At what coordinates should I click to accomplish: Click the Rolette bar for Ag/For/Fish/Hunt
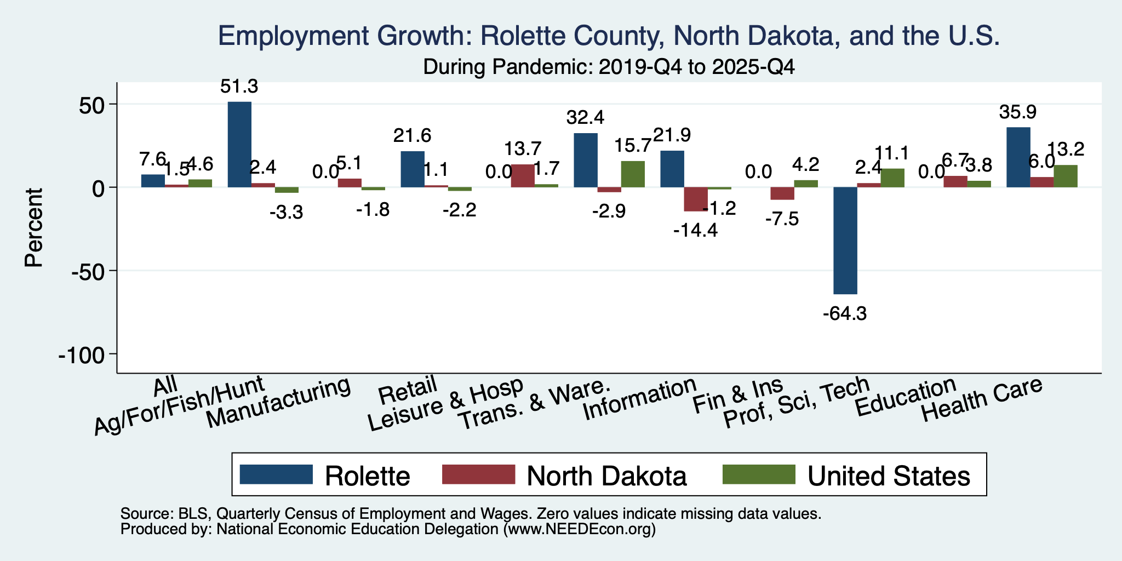click(239, 145)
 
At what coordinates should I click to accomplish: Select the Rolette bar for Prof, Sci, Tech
click(845, 241)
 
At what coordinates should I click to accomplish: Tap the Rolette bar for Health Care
click(1018, 157)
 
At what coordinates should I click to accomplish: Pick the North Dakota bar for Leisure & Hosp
click(523, 176)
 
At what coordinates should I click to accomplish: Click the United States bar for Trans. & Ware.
click(633, 174)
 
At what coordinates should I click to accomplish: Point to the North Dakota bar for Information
click(696, 199)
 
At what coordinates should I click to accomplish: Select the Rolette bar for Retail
click(413, 169)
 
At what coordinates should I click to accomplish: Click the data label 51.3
click(239, 86)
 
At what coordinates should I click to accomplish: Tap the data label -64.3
click(845, 314)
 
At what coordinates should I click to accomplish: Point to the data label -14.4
click(696, 231)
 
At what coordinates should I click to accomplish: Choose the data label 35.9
click(1018, 112)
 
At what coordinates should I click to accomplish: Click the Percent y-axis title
click(34, 227)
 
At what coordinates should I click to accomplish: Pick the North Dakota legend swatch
click(478, 474)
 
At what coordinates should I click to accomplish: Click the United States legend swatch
click(759, 474)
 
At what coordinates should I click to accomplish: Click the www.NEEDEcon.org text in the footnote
click(577, 529)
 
